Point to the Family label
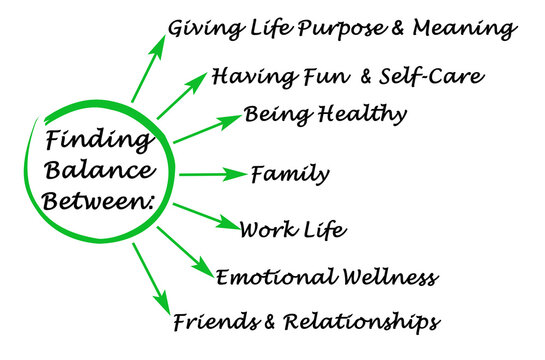click(290, 174)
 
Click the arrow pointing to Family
click(212, 174)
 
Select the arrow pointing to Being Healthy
click(208, 129)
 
